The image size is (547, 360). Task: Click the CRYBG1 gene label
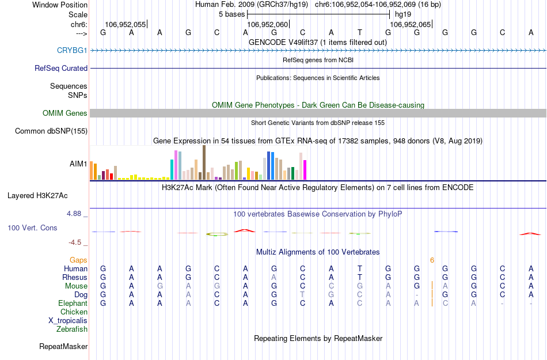[72, 51]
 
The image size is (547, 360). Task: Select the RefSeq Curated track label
[61, 68]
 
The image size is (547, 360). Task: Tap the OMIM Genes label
[65, 113]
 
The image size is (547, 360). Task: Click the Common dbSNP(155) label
[51, 131]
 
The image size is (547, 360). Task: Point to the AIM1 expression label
[78, 164]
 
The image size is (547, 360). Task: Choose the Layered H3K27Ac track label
[48, 195]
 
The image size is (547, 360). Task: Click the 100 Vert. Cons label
[32, 228]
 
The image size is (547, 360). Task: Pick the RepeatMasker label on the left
[63, 347]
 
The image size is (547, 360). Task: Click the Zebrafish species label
[72, 329]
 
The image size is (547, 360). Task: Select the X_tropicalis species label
[68, 321]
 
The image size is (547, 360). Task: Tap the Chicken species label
[74, 312]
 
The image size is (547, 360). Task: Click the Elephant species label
[73, 304]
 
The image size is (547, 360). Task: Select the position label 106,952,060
[267, 25]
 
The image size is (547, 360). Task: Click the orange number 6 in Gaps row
[432, 260]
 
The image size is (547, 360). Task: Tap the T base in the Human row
[360, 269]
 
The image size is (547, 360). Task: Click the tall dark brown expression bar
[204, 162]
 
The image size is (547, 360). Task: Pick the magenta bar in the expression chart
[305, 170]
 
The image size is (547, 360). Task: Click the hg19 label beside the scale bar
[402, 14]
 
